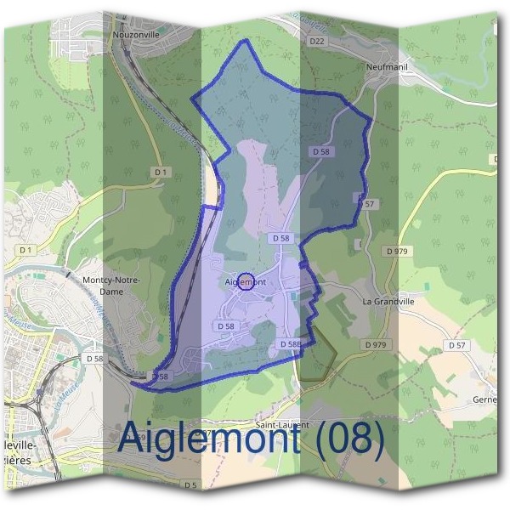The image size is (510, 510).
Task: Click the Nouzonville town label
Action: click(x=137, y=35)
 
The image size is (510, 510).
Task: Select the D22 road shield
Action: click(x=317, y=41)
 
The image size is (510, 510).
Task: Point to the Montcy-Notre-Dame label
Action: click(x=110, y=285)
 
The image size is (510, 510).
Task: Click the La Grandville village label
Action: click(x=388, y=301)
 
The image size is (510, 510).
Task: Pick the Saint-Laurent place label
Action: click(x=282, y=423)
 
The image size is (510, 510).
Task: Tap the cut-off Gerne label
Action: click(x=486, y=399)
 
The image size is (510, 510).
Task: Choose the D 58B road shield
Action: click(x=290, y=344)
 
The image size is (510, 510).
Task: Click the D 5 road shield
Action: click(x=189, y=485)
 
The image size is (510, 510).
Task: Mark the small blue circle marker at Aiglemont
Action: click(x=245, y=281)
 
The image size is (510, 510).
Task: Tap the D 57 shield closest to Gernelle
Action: click(x=457, y=344)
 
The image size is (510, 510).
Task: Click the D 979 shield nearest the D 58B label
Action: click(x=374, y=344)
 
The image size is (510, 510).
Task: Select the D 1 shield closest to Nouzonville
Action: click(x=160, y=172)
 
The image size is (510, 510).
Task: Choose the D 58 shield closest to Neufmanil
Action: click(x=320, y=151)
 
